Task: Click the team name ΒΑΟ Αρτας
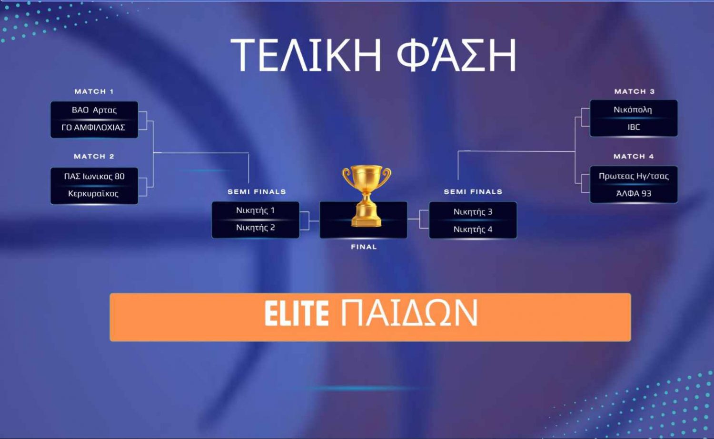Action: tap(94, 110)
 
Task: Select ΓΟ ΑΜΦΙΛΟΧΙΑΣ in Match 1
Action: tap(93, 128)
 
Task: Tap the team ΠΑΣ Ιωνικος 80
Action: tap(94, 176)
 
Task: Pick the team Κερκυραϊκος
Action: tap(93, 193)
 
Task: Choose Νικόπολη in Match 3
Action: tap(633, 110)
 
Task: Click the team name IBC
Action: tap(634, 127)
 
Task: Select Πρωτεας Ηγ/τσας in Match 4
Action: tap(634, 176)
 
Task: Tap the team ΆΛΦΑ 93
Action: tap(634, 193)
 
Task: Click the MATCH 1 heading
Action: tap(94, 91)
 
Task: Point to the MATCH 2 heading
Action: tap(94, 157)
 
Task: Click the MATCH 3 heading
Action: tap(635, 91)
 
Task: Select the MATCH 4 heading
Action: tap(634, 157)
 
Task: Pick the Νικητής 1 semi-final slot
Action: tap(255, 210)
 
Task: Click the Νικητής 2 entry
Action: tap(255, 228)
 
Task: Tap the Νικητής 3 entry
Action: tap(473, 212)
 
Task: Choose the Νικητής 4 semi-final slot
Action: tap(473, 229)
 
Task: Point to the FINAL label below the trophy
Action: tap(364, 247)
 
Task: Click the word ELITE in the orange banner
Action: tap(297, 313)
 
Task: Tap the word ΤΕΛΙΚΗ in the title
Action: tap(306, 55)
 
